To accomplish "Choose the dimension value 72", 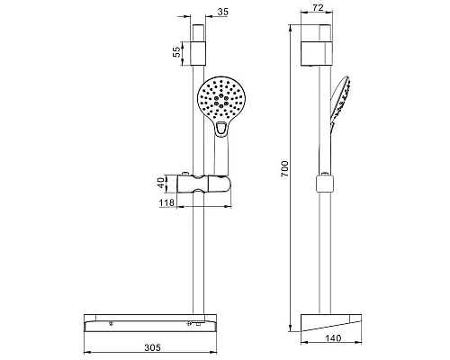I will pyautogui.click(x=318, y=8).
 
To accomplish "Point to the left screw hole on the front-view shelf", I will pyautogui.click(x=111, y=322).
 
